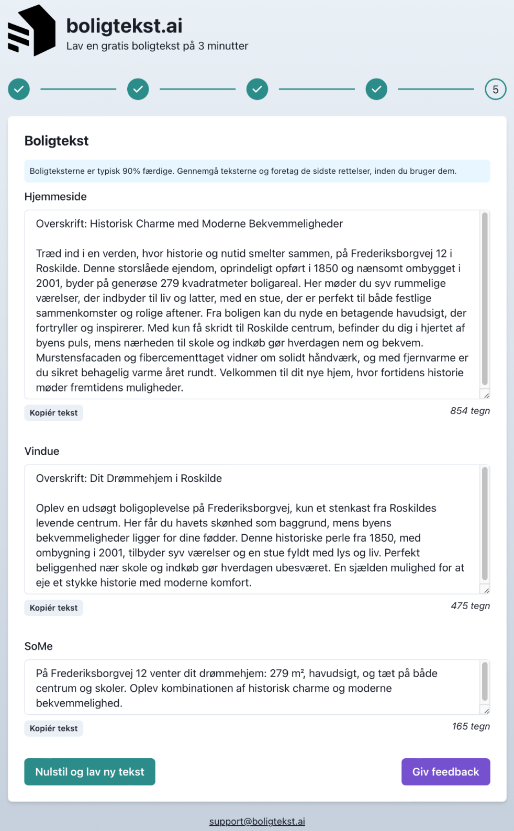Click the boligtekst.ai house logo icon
31,30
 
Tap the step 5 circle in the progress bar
495,89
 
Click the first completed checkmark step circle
19,89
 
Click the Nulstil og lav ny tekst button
90,772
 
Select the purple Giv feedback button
445,772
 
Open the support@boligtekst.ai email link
257,822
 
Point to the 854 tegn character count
470,411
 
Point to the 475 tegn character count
470,606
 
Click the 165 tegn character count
471,726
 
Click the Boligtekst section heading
57,141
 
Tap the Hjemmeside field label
55,197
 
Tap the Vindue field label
42,451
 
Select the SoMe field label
39,646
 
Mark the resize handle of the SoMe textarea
486,711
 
